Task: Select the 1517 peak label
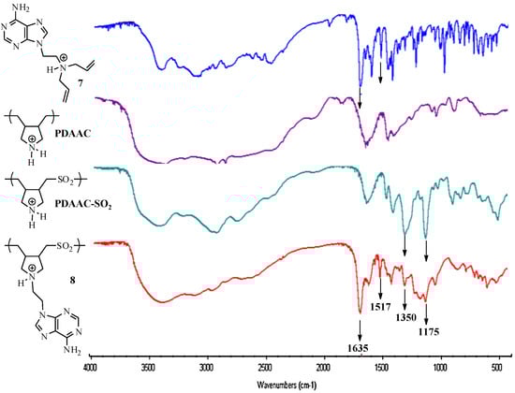tap(380, 304)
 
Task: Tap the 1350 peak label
tap(405, 318)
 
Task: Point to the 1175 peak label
tap(427, 329)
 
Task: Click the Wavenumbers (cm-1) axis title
tap(295, 384)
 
